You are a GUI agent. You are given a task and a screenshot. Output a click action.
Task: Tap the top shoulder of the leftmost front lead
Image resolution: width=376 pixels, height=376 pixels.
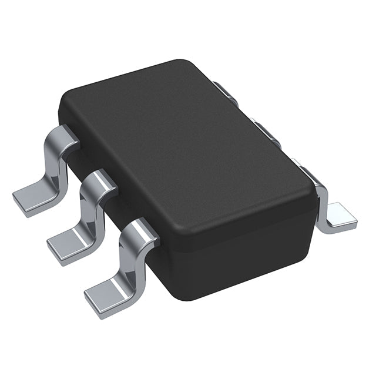[65, 136]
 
